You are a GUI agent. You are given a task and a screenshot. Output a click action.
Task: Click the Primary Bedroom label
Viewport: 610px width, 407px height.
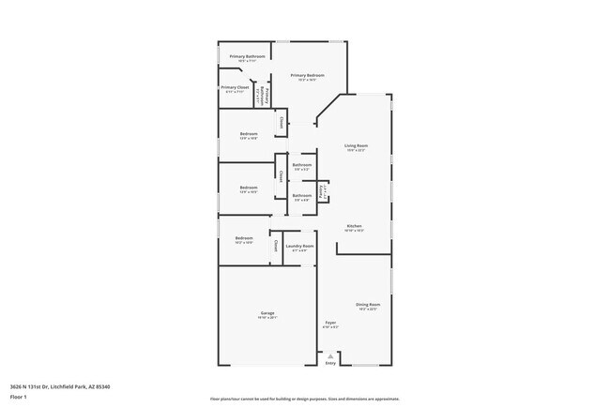coord(307,75)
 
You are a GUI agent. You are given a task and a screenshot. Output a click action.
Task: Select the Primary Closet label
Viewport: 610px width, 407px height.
coord(236,87)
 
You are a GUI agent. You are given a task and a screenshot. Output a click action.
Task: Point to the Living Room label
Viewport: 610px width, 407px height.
coord(356,145)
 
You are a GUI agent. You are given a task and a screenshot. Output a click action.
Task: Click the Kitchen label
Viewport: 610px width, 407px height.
coord(355,226)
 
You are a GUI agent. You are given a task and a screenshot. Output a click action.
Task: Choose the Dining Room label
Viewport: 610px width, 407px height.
coord(368,305)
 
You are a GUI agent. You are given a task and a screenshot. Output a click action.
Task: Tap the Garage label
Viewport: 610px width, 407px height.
coord(267,313)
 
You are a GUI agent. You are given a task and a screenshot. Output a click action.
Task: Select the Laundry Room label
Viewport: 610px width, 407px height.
coord(299,247)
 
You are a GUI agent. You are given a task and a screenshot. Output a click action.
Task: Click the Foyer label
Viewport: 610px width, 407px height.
coord(330,323)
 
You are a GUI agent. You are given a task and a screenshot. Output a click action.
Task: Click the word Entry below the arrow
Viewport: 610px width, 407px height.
coord(329,363)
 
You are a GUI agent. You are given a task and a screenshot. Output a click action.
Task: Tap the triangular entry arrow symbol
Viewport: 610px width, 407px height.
coord(329,354)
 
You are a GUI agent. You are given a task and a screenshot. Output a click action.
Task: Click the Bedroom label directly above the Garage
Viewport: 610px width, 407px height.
coord(244,238)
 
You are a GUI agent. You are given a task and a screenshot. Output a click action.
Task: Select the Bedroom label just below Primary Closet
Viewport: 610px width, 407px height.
coord(249,133)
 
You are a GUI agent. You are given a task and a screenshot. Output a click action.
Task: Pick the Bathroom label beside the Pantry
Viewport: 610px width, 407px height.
coord(301,195)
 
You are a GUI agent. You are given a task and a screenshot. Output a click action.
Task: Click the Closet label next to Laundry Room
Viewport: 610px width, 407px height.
coord(276,246)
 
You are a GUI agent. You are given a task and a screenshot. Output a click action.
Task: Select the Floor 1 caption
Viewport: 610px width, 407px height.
coord(19,397)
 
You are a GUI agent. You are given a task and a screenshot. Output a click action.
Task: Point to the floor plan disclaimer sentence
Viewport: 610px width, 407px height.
coord(305,398)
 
